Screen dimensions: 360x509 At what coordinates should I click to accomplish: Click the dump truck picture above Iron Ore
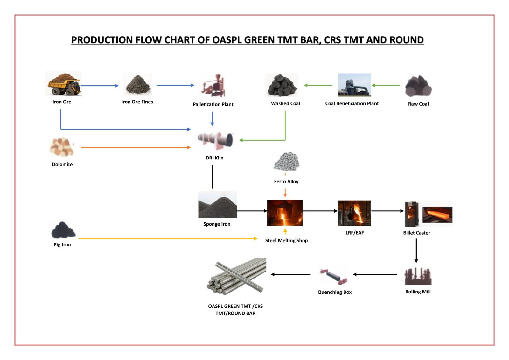(x=64, y=84)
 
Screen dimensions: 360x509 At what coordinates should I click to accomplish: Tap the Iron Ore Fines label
(x=137, y=102)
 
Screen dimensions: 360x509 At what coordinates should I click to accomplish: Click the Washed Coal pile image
(x=282, y=85)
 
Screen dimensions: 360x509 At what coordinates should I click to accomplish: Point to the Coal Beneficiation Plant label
(x=352, y=103)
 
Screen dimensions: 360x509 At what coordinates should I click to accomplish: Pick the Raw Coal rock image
(x=418, y=86)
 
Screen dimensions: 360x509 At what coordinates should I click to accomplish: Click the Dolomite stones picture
(x=62, y=147)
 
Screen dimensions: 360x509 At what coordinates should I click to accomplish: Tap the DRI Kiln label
(x=214, y=158)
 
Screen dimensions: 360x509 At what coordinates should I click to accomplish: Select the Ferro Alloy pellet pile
(x=286, y=161)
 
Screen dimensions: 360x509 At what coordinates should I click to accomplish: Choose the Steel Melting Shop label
(x=286, y=241)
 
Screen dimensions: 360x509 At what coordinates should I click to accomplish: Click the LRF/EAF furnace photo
(x=354, y=213)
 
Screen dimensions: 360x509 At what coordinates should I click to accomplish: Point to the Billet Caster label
(x=416, y=233)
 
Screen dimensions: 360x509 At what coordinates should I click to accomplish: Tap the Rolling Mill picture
(x=418, y=276)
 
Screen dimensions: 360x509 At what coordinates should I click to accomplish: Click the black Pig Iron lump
(x=63, y=230)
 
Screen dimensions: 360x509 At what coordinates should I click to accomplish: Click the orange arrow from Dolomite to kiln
(x=136, y=147)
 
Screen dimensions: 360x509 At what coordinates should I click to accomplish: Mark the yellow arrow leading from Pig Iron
(x=167, y=238)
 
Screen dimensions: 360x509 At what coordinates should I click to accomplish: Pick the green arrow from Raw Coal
(x=386, y=85)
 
